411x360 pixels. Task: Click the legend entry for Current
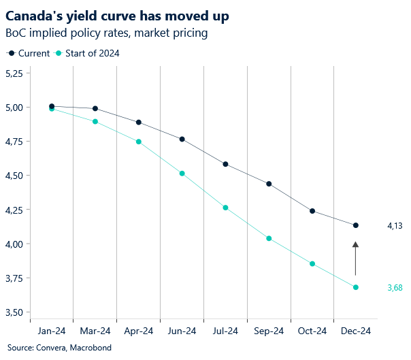click(28, 54)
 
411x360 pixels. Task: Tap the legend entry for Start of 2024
click(86, 54)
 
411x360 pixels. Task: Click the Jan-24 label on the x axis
click(52, 331)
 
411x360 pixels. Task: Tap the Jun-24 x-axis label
click(182, 331)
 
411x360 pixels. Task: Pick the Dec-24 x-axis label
click(356, 331)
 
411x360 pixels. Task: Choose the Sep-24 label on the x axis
click(269, 331)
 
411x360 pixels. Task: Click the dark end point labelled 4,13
click(356, 225)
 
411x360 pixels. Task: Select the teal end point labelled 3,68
click(356, 287)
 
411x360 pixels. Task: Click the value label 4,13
click(395, 225)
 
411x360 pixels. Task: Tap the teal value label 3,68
click(395, 288)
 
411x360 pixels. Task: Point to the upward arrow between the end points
click(355, 258)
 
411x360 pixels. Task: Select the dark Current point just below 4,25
click(312, 211)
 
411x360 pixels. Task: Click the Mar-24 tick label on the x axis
click(95, 331)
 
